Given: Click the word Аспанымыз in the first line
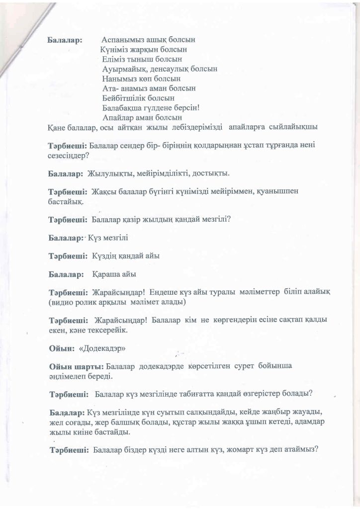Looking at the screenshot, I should (122, 39).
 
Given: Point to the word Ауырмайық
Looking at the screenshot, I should (124, 69).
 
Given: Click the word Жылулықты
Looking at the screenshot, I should (110, 174).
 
